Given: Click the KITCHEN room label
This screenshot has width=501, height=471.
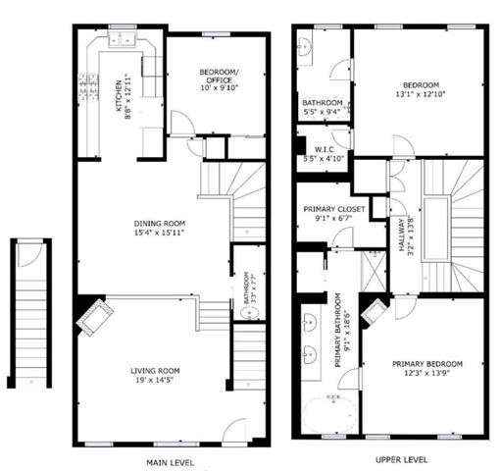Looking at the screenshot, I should point(120,94).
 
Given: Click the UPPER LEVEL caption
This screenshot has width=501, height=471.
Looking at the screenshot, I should point(401,458).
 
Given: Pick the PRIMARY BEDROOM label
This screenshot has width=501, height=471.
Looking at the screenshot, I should point(424,363).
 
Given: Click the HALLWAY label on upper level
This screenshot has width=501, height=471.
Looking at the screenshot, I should point(402,235).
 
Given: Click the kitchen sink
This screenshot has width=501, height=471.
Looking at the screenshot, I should point(123,40).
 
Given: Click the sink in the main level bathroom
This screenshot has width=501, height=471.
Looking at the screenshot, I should point(248,314).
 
